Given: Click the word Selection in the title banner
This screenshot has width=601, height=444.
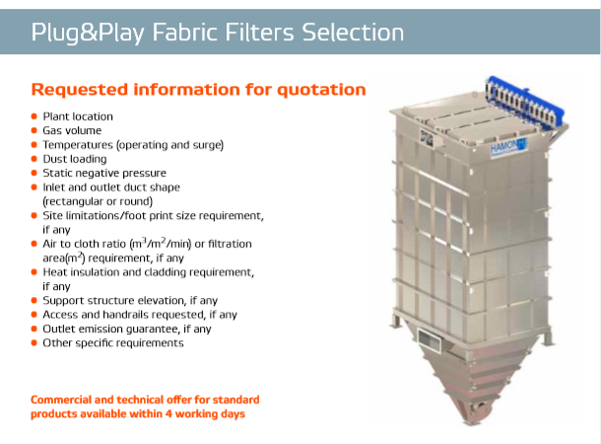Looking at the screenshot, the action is [353, 33].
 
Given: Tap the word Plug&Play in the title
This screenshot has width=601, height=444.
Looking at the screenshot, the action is [88, 33].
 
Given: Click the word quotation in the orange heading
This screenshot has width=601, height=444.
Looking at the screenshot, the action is [321, 90].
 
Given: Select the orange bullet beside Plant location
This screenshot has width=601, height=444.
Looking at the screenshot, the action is [34, 116].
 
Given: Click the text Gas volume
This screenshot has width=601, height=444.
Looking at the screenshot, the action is [72, 130].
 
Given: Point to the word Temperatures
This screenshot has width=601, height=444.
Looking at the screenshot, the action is [78, 145].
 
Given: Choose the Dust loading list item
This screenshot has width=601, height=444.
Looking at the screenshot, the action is [75, 159].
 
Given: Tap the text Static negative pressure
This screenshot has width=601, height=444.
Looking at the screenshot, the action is [104, 173].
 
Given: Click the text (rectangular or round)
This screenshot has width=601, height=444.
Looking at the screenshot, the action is [98, 201].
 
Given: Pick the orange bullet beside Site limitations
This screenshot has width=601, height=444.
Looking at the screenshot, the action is [34, 215].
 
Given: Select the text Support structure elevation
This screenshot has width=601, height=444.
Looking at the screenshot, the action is [114, 301].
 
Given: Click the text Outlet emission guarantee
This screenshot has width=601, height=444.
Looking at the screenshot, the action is [111, 329].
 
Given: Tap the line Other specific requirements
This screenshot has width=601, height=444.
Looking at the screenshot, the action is [113, 343].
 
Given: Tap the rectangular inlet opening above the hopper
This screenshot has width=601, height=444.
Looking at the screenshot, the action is [429, 339].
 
